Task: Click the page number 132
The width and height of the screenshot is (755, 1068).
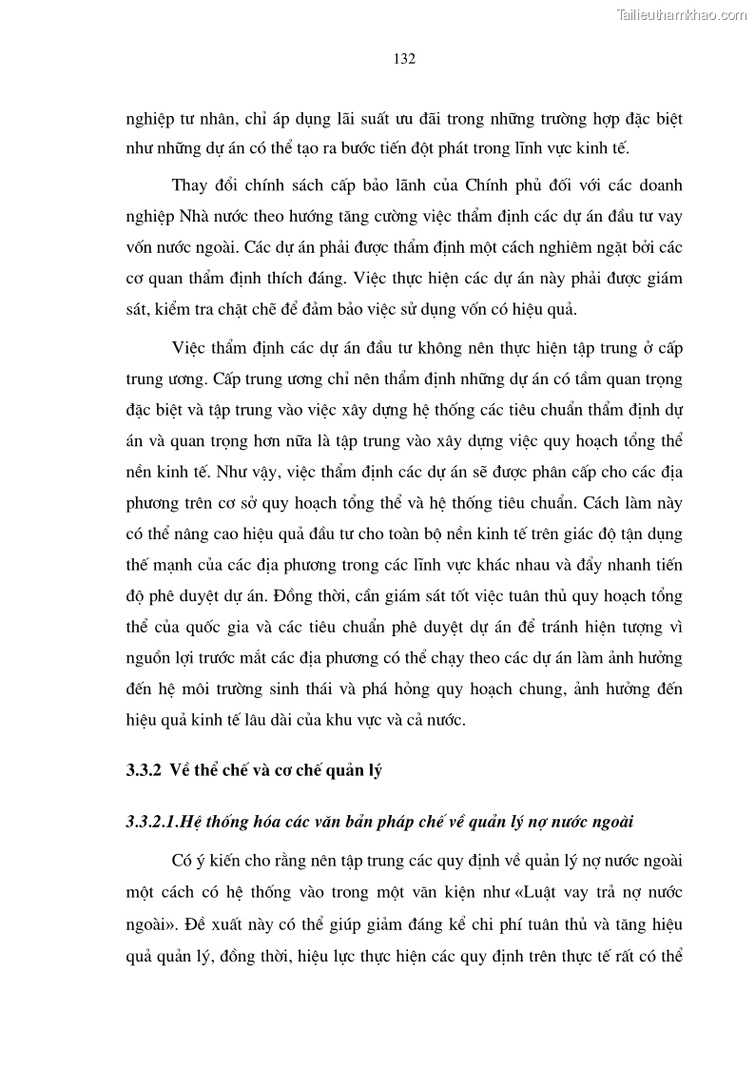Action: tap(404, 59)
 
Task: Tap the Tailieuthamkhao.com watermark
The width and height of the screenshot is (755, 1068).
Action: tap(683, 14)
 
